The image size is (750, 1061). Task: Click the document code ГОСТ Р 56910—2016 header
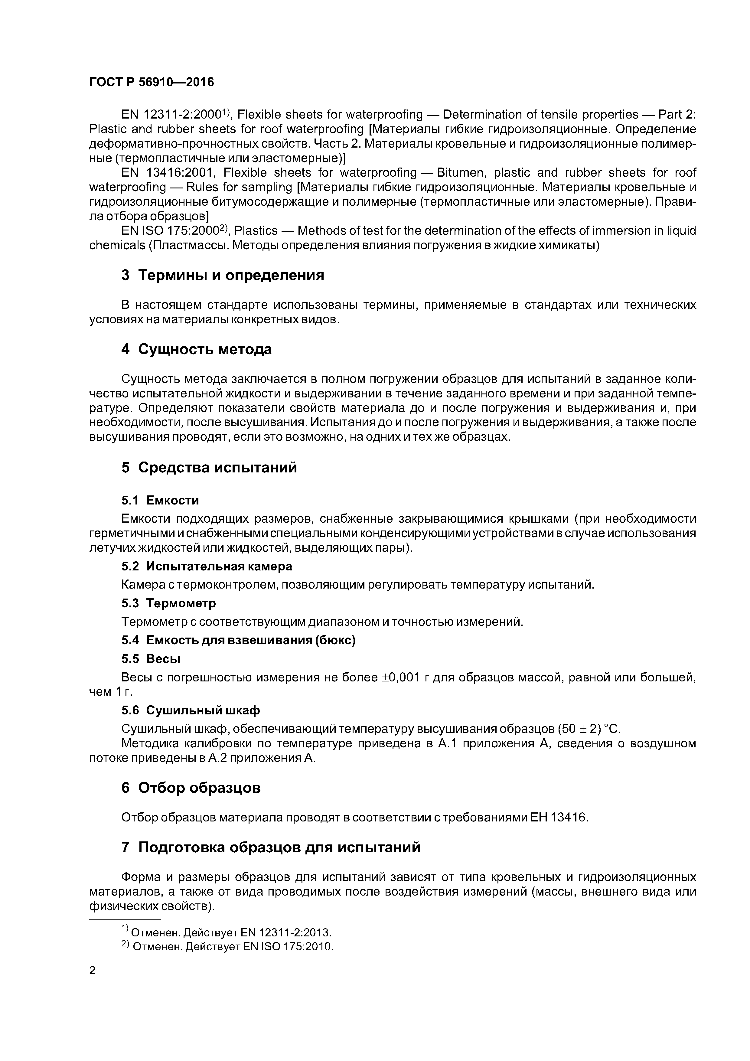[152, 82]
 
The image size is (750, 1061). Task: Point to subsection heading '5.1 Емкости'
[160, 501]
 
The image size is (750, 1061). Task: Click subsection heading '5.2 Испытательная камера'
[207, 566]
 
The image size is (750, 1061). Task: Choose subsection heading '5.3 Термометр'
[168, 603]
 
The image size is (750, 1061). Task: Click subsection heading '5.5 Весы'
[151, 659]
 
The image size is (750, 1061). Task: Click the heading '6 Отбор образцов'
[191, 788]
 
